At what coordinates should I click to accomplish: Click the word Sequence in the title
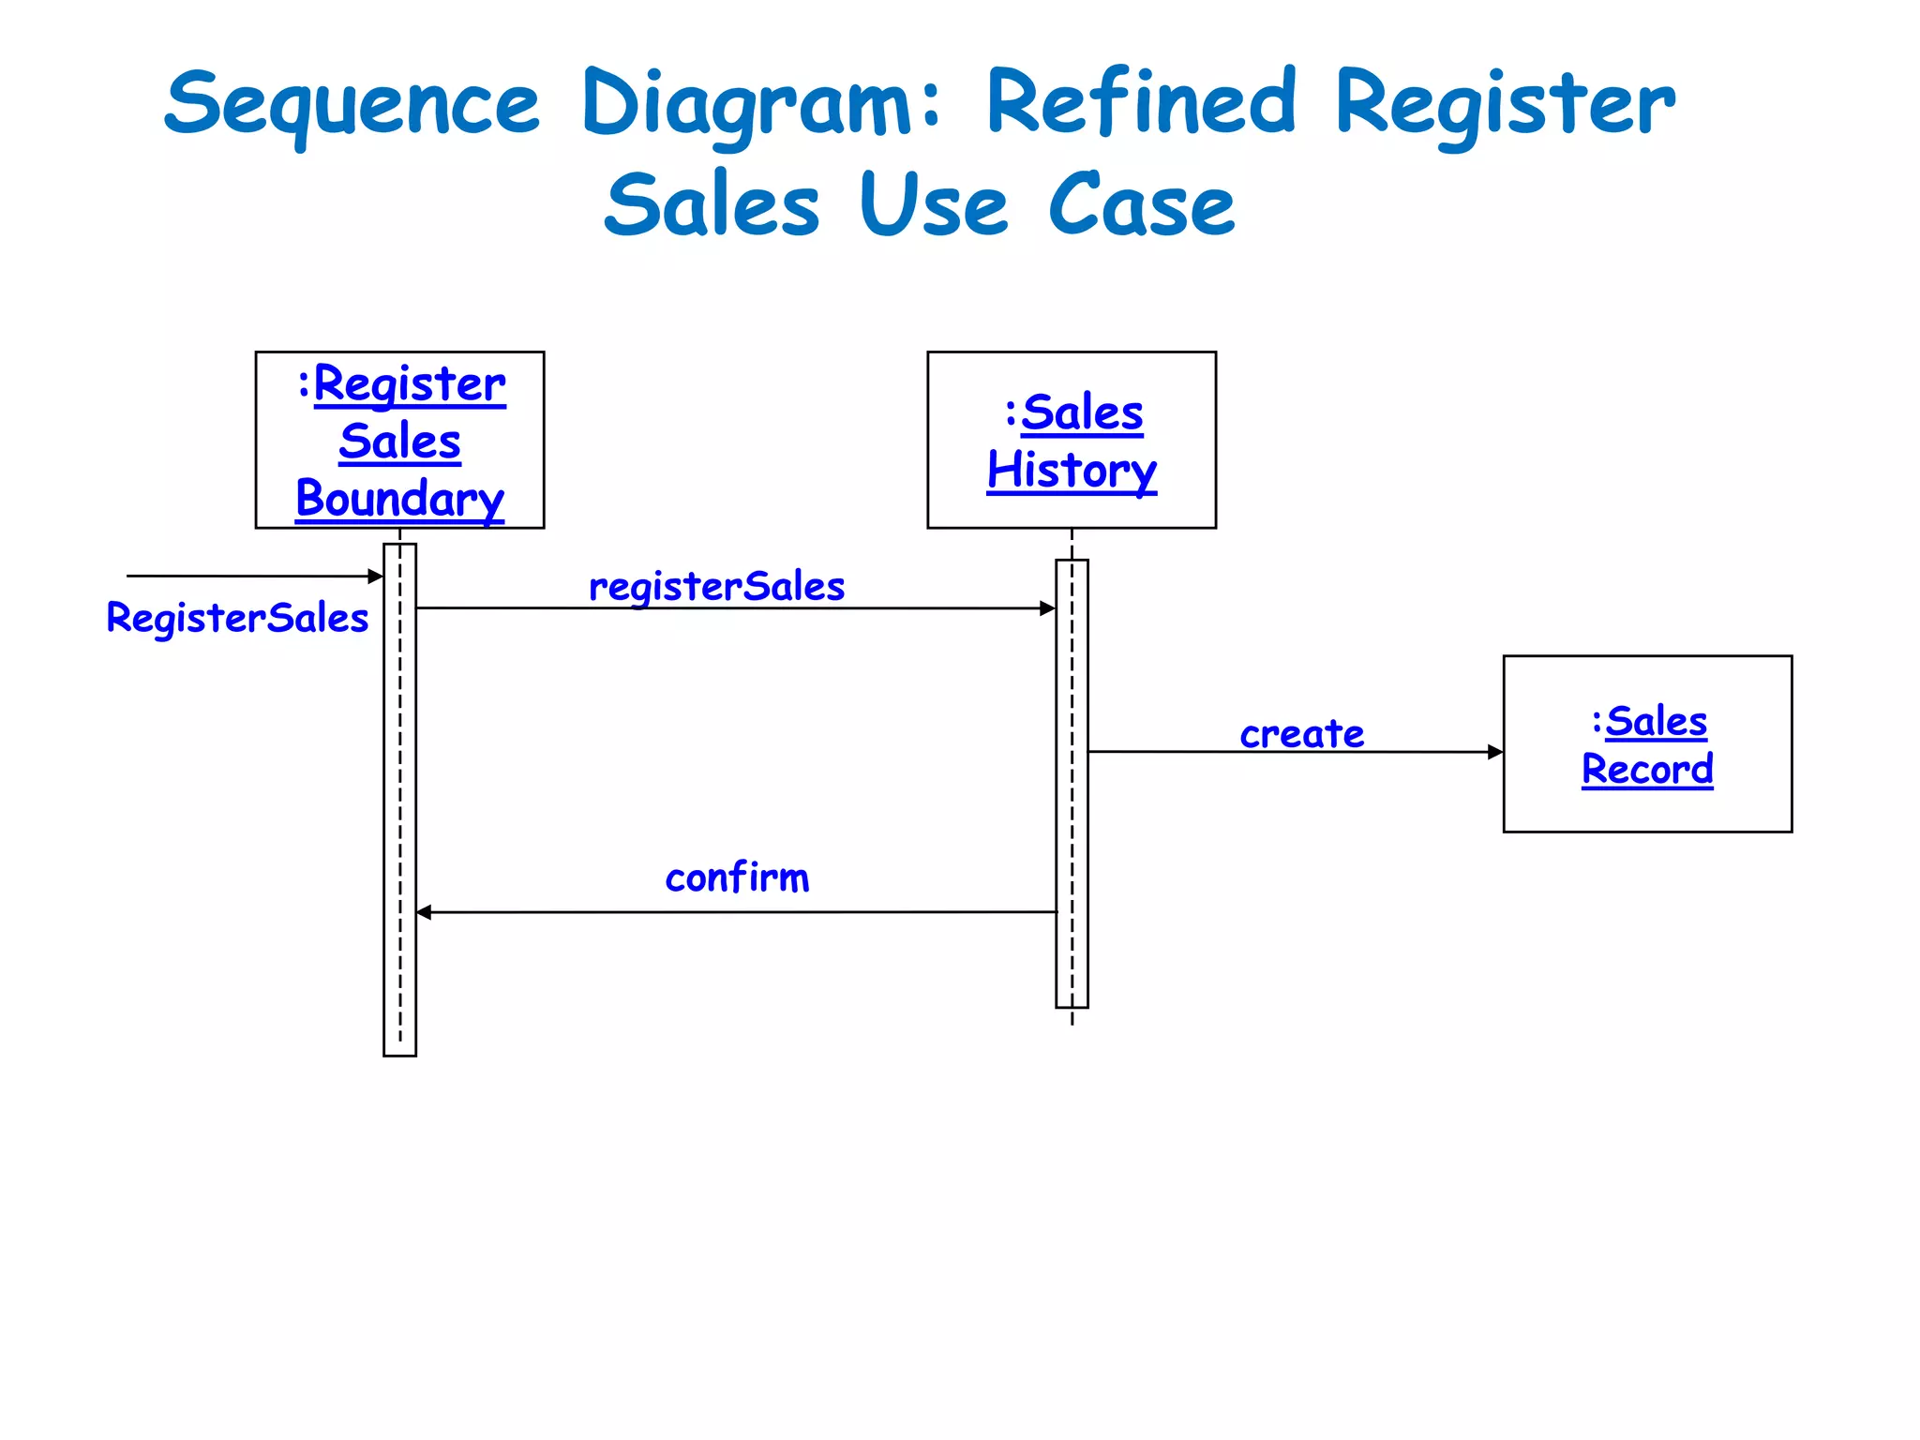(352, 105)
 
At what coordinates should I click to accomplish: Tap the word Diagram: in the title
(759, 105)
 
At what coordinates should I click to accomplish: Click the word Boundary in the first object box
(400, 498)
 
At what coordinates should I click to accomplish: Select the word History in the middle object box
(1072, 470)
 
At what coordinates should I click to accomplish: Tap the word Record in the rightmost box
(1647, 770)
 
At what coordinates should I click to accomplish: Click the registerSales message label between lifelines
(716, 587)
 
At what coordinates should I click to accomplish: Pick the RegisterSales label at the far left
(237, 618)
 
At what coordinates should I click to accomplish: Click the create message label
(1301, 733)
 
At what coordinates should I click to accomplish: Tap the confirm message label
(737, 877)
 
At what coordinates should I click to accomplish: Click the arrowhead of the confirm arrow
(424, 912)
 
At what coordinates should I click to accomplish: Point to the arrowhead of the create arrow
(1495, 752)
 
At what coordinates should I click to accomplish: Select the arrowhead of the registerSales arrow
(1048, 608)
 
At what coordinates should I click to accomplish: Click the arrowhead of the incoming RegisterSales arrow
(376, 577)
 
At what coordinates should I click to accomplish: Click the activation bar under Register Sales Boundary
(399, 797)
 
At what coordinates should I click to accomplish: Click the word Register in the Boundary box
(410, 384)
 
